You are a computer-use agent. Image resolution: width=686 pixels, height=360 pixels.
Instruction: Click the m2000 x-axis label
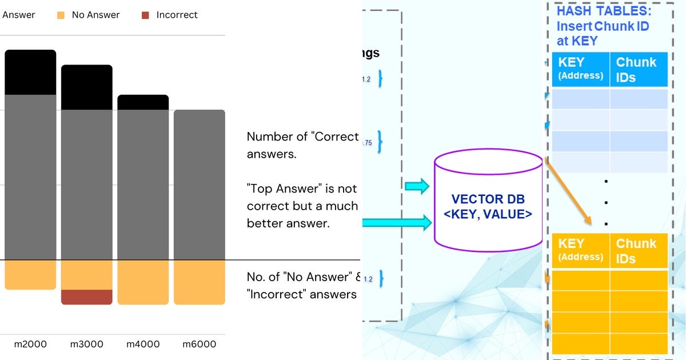pos(30,344)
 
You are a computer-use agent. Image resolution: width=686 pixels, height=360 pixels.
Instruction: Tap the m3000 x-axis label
pos(86,344)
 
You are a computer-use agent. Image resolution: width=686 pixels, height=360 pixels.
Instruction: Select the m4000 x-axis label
pos(143,344)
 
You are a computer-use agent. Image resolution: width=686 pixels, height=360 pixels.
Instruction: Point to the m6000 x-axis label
pos(199,344)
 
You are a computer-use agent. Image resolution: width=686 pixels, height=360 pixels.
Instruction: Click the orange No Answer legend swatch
pos(61,15)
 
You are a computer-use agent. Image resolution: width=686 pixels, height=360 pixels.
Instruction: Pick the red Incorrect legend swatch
pos(145,15)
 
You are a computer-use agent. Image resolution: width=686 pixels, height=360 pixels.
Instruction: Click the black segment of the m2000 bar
pos(30,72)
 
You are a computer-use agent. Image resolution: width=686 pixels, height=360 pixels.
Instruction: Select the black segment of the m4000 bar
pos(143,102)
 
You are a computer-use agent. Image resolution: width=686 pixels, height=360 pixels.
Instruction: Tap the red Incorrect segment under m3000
pos(86,297)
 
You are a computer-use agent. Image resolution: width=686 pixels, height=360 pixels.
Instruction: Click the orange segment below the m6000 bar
pos(199,282)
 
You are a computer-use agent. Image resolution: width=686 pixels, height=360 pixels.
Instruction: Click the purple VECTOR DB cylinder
pos(488,200)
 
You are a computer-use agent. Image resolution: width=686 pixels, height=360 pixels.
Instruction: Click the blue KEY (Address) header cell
pos(581,69)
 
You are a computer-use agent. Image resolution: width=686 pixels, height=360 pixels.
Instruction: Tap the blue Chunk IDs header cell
pos(638,69)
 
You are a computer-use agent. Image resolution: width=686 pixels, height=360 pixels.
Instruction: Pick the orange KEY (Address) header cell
pos(581,250)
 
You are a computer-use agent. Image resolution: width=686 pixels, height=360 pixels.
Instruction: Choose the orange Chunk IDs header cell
pos(638,250)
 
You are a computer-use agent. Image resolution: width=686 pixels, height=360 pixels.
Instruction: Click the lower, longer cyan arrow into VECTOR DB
pos(397,222)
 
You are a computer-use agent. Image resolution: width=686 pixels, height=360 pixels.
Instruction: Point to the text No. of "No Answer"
pos(301,277)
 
